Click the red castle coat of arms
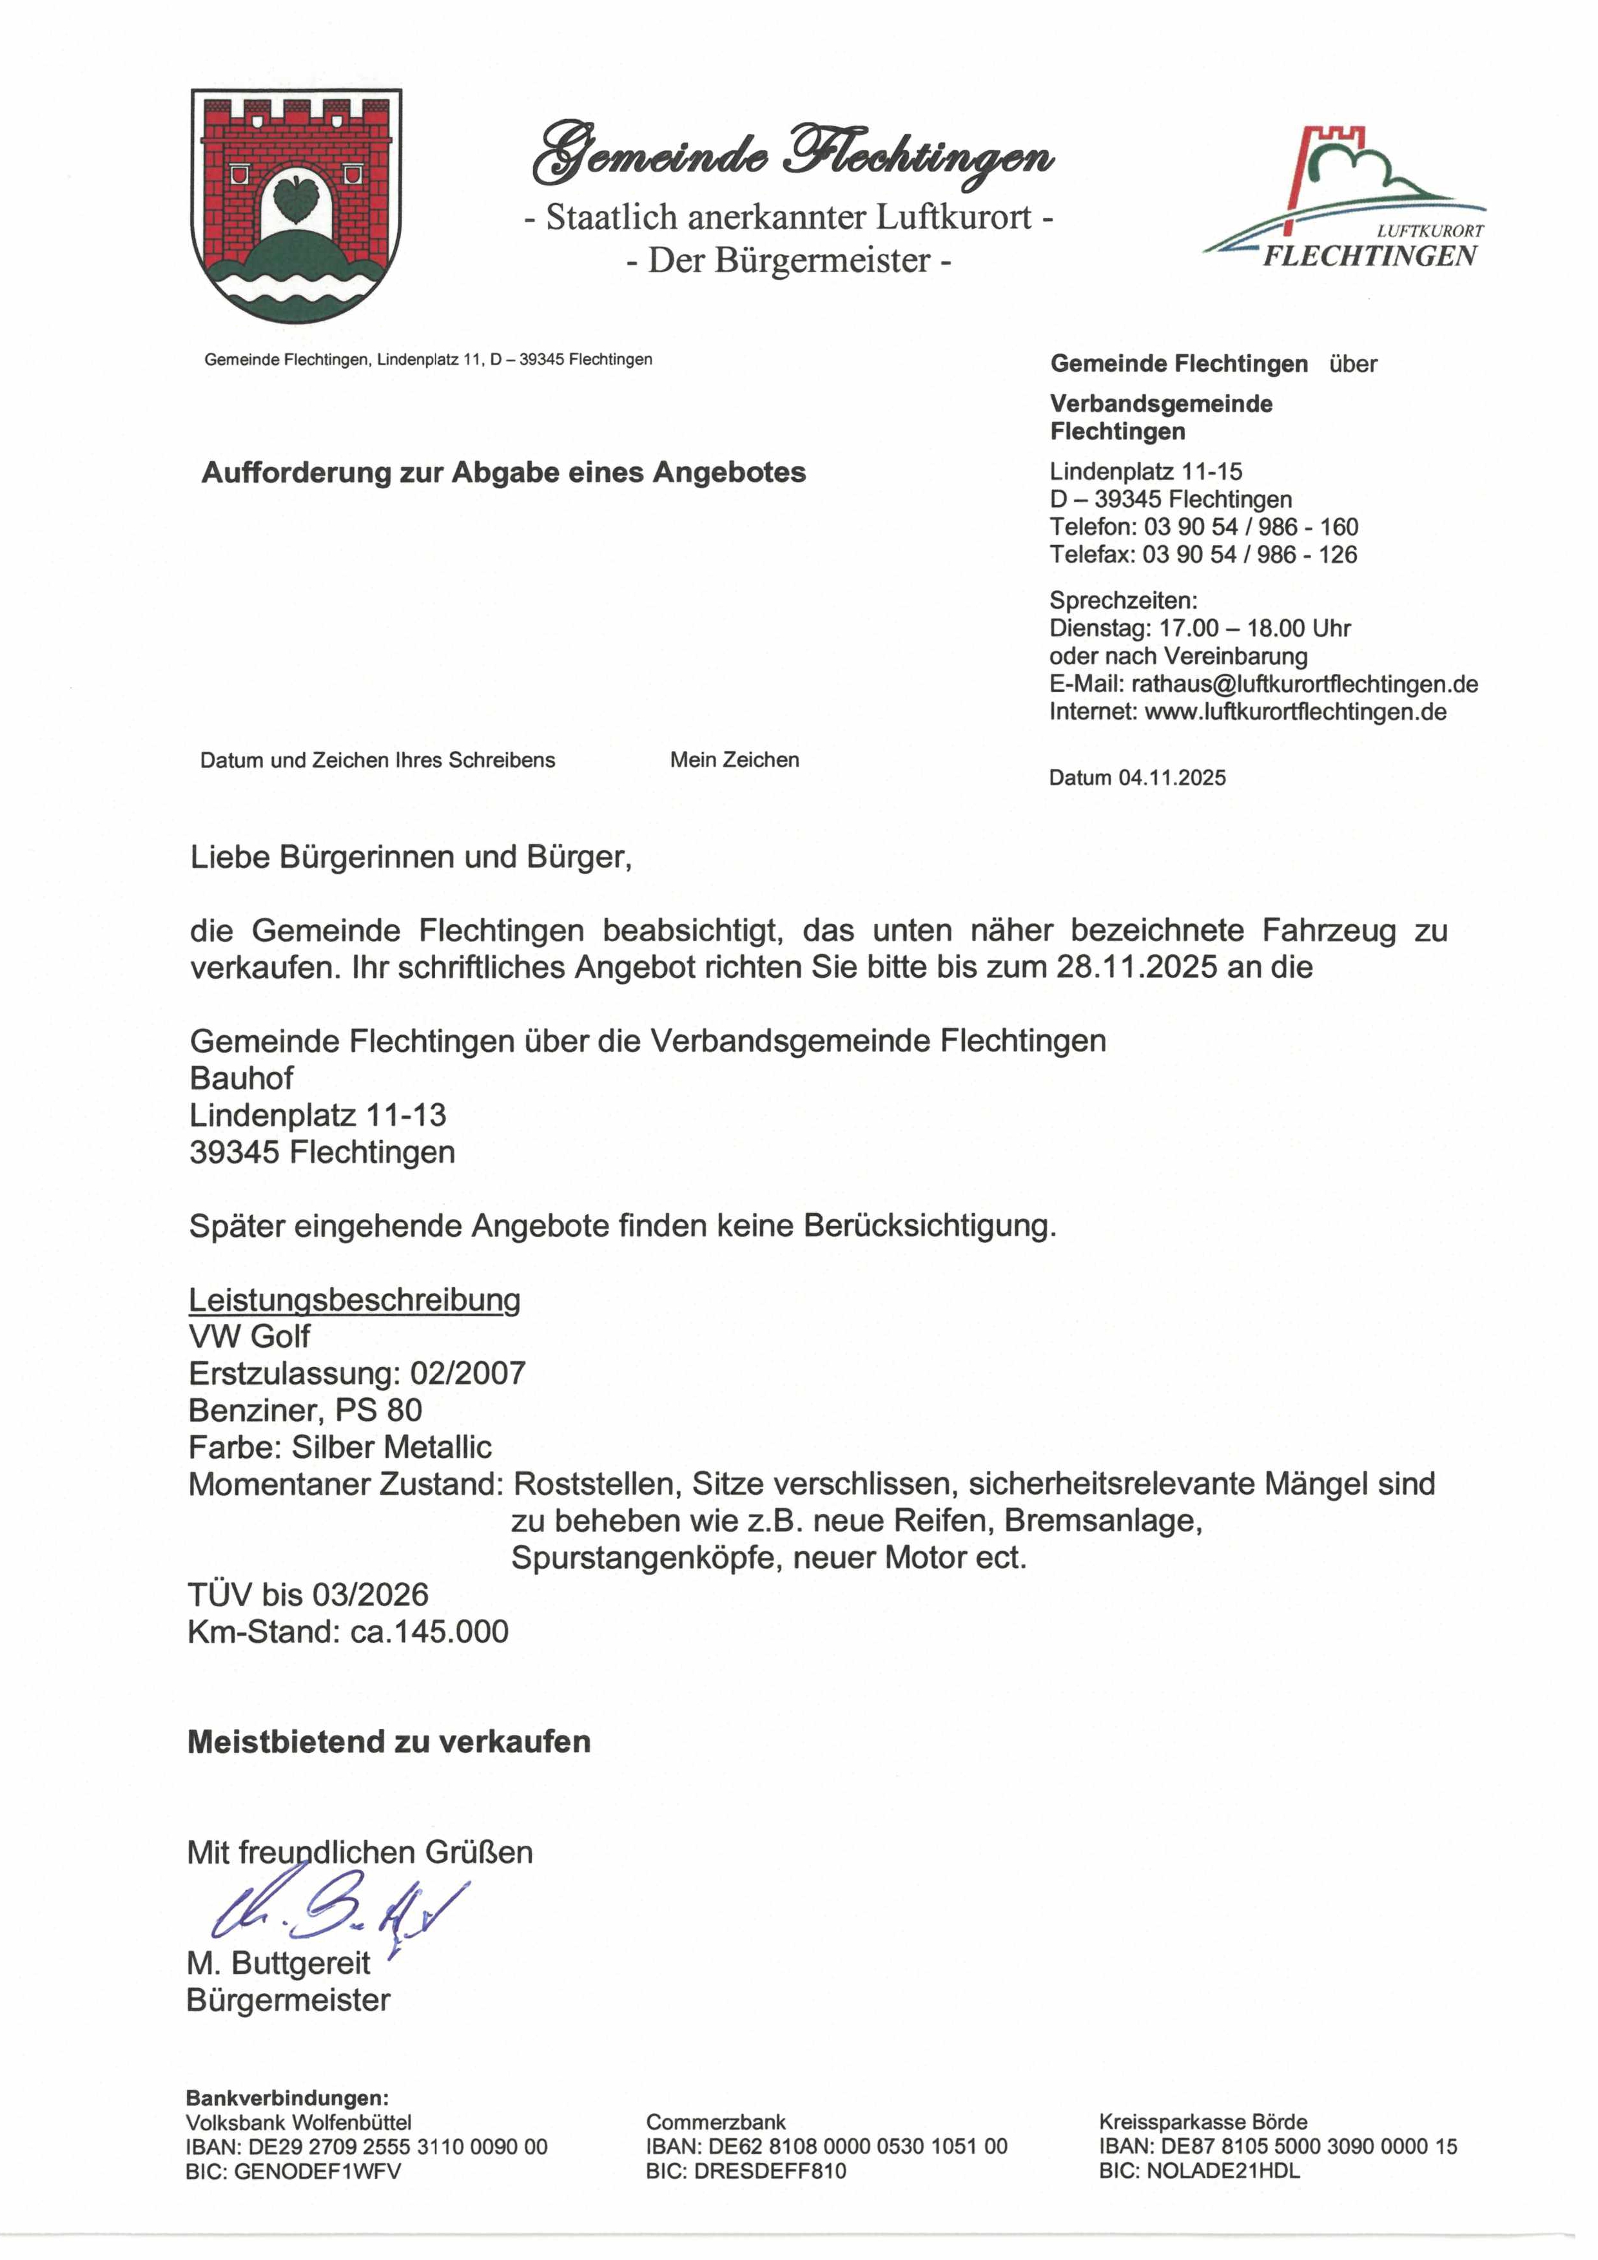click(x=297, y=206)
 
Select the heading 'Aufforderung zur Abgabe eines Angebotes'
click(x=503, y=474)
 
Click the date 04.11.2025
click(x=1172, y=779)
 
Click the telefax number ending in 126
click(x=1249, y=555)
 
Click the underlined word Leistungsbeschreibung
click(x=355, y=1300)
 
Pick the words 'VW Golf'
click(x=249, y=1337)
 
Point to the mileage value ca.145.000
click(x=430, y=1632)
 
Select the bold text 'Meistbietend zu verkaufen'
click(x=389, y=1742)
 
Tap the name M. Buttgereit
click(x=278, y=1964)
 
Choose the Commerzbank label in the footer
click(x=716, y=2122)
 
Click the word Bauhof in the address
click(x=241, y=1079)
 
